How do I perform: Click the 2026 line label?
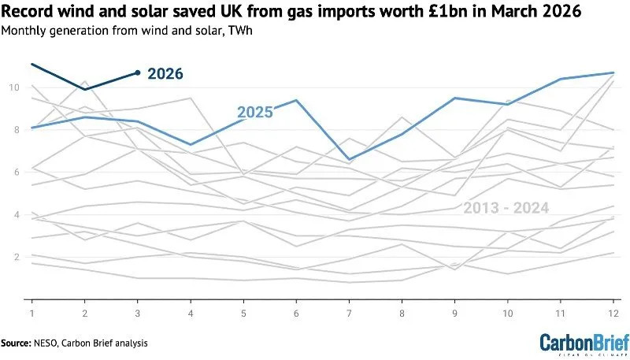point(165,74)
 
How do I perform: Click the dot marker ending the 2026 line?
point(138,72)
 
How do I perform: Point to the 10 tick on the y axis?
point(13,87)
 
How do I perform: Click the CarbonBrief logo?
point(584,343)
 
